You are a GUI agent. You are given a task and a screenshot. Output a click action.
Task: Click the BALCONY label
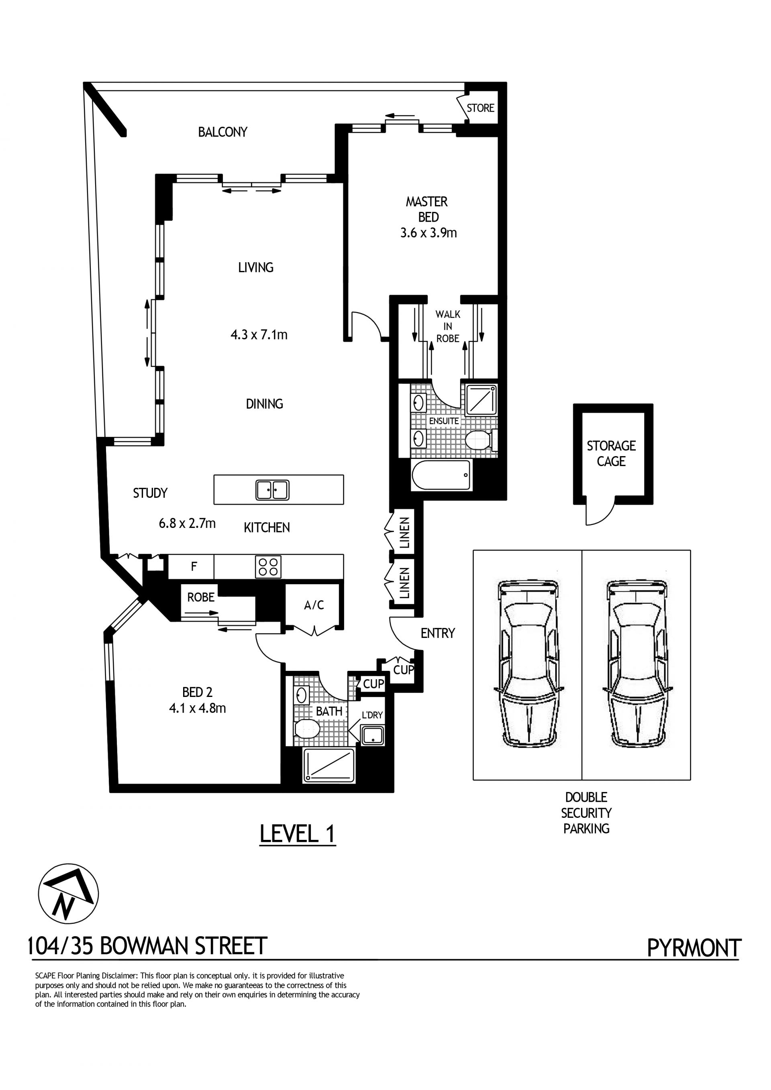(222, 132)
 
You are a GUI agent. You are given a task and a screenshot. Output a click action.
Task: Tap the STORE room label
(480, 108)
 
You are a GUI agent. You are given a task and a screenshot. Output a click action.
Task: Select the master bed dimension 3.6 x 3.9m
(428, 232)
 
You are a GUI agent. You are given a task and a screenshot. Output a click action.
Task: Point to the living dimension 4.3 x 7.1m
(259, 335)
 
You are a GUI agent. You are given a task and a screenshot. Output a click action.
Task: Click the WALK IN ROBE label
(448, 326)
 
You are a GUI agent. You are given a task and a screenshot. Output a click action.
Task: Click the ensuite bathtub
(442, 475)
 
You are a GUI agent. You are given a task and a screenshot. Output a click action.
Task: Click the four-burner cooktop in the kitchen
(268, 567)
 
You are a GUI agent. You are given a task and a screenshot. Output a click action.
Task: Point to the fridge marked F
(194, 566)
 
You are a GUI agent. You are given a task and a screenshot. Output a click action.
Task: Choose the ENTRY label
(438, 633)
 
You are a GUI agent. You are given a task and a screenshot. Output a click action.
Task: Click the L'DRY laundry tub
(373, 735)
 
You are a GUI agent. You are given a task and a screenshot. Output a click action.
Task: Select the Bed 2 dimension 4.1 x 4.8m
(197, 708)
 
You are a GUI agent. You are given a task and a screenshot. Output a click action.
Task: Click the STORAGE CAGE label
(611, 453)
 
